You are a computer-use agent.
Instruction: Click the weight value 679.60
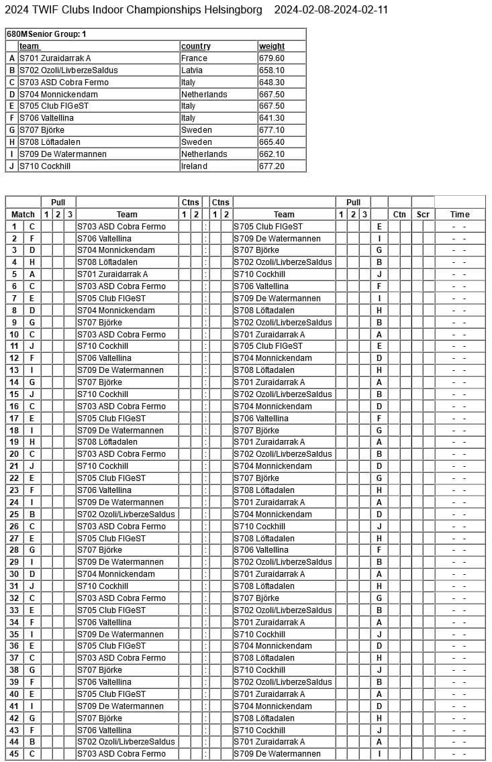pos(271,58)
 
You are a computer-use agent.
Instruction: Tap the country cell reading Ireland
pos(194,166)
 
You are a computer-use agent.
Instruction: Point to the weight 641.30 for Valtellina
pos(271,118)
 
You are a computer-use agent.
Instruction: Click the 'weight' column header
pos(271,46)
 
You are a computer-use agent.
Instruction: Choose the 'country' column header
pos(195,46)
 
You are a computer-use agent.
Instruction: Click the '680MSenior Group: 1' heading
pos(46,34)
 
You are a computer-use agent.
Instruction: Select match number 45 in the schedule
pos(13,754)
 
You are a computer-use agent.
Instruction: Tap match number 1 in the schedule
pos(13,227)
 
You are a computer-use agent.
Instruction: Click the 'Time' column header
pos(460,215)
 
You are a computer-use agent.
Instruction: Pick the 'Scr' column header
pos(423,215)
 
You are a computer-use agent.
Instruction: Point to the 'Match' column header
pos(23,215)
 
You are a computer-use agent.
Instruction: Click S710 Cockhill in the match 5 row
pos(259,274)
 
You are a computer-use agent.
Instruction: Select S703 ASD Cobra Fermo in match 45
pos(121,754)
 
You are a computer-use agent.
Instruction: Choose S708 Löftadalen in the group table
pos(50,142)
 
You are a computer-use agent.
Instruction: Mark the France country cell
pos(194,58)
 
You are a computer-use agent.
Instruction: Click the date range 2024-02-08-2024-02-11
pos(331,9)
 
